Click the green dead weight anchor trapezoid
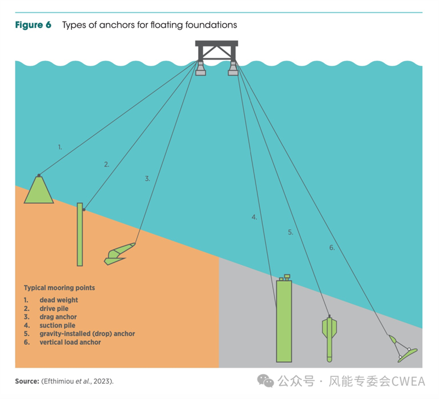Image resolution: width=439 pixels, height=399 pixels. (38, 190)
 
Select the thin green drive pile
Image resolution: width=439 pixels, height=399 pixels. (80, 235)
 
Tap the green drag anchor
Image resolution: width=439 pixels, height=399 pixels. (119, 254)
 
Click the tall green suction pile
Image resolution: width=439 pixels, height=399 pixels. (284, 320)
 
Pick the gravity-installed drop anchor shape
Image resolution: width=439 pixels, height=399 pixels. (329, 338)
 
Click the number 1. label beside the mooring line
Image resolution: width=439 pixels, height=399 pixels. (60, 147)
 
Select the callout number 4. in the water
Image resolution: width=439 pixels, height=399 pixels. (254, 217)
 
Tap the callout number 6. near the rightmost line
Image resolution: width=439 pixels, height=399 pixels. (332, 247)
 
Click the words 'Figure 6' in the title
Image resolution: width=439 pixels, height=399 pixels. (33, 25)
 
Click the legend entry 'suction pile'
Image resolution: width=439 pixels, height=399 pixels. (58, 325)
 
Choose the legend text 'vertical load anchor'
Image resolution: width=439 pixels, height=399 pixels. (70, 342)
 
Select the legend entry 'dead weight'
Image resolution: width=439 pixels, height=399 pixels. (59, 300)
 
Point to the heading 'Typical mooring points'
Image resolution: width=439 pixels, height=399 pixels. (59, 288)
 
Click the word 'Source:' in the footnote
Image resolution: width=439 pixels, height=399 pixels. (27, 381)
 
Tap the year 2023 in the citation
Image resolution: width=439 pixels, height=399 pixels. (102, 381)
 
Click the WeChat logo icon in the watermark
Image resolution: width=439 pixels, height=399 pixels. (265, 381)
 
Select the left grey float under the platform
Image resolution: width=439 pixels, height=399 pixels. (200, 69)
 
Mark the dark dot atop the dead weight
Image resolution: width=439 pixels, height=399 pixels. (39, 175)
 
